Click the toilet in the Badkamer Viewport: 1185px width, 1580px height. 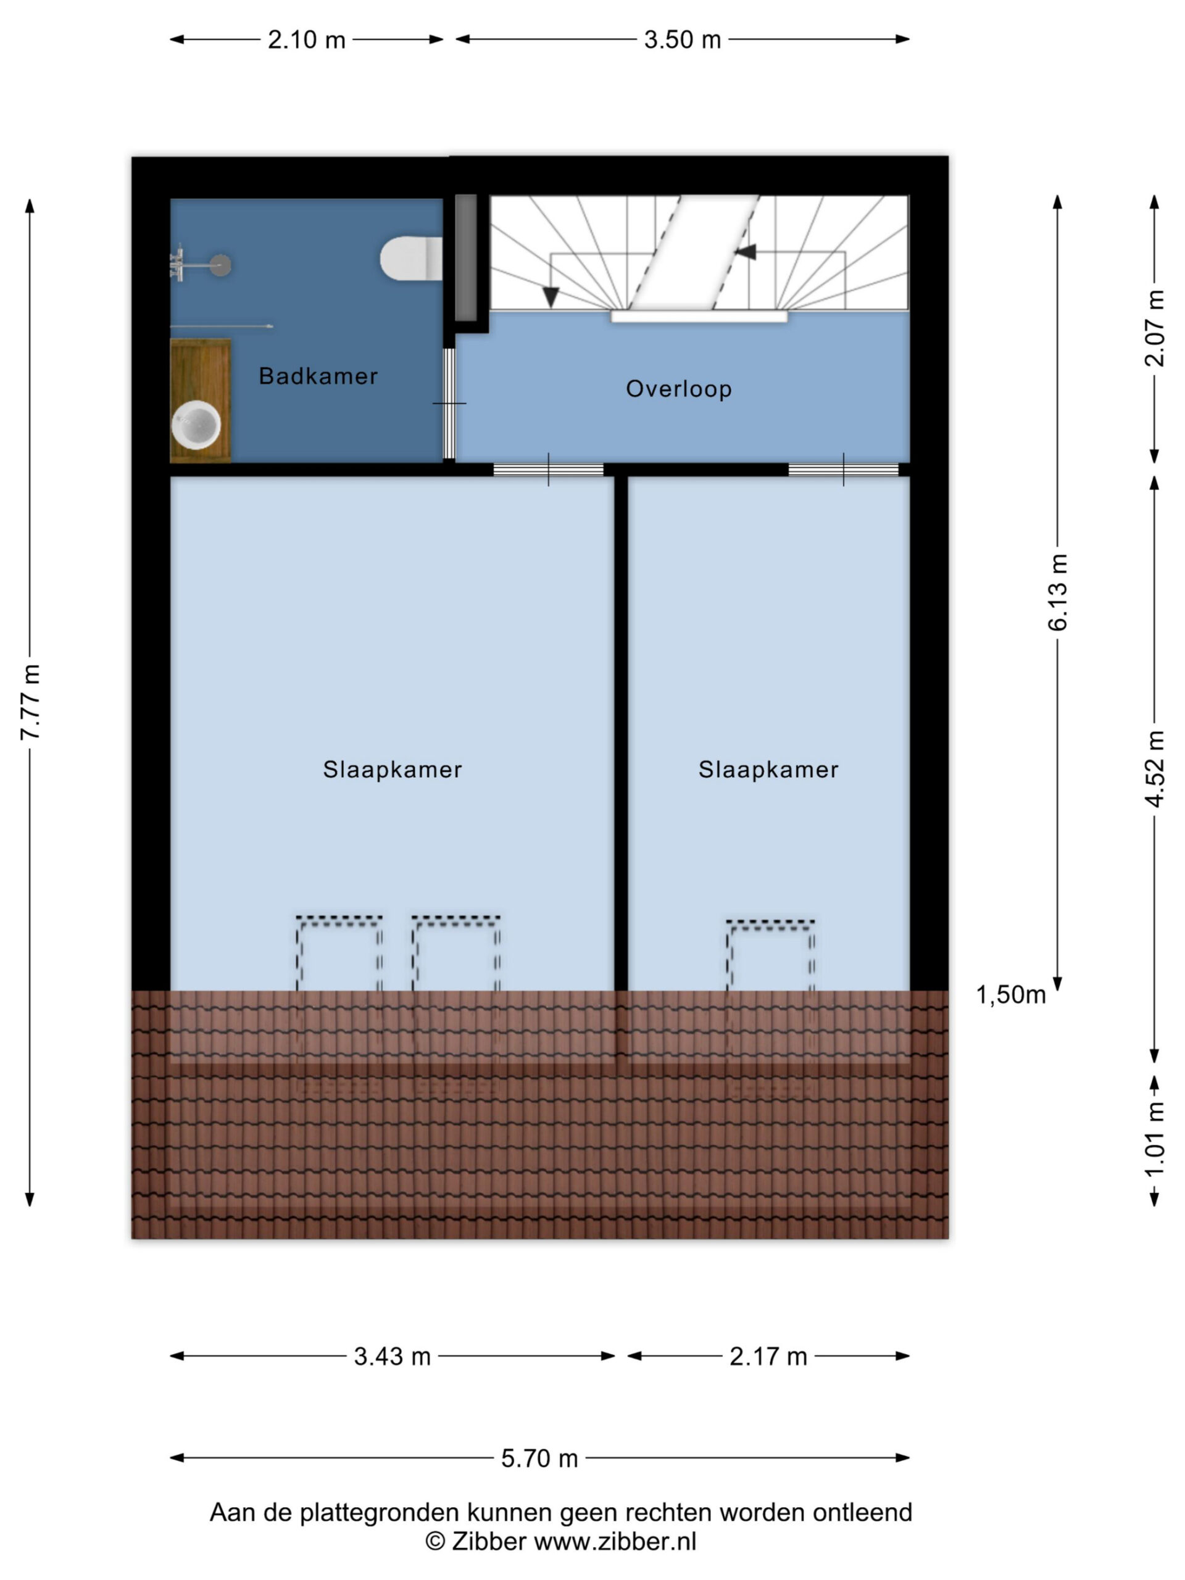coord(410,259)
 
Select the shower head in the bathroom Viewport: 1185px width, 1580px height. coord(221,265)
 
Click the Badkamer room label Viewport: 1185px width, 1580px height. coord(318,376)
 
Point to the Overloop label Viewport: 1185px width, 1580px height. coord(678,389)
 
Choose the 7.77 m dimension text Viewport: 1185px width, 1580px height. coord(30,702)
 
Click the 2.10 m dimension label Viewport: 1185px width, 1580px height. coord(306,39)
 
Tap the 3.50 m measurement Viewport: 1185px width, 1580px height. coord(682,39)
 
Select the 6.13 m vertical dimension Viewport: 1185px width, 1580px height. coord(1057,592)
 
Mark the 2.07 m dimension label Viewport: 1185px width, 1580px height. coord(1154,328)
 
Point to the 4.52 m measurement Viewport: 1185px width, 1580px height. coord(1154,769)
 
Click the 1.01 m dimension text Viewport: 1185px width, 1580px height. coord(1154,1139)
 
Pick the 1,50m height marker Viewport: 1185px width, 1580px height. coord(1011,994)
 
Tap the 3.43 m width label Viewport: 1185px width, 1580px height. coord(392,1357)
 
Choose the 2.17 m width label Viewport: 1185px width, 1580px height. coord(768,1357)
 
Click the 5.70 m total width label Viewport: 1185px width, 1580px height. coord(539,1458)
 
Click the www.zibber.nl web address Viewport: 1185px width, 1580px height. coord(615,1542)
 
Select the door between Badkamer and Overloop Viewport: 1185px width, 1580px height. coord(449,404)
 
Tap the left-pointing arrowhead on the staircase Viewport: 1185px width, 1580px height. coord(745,252)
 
